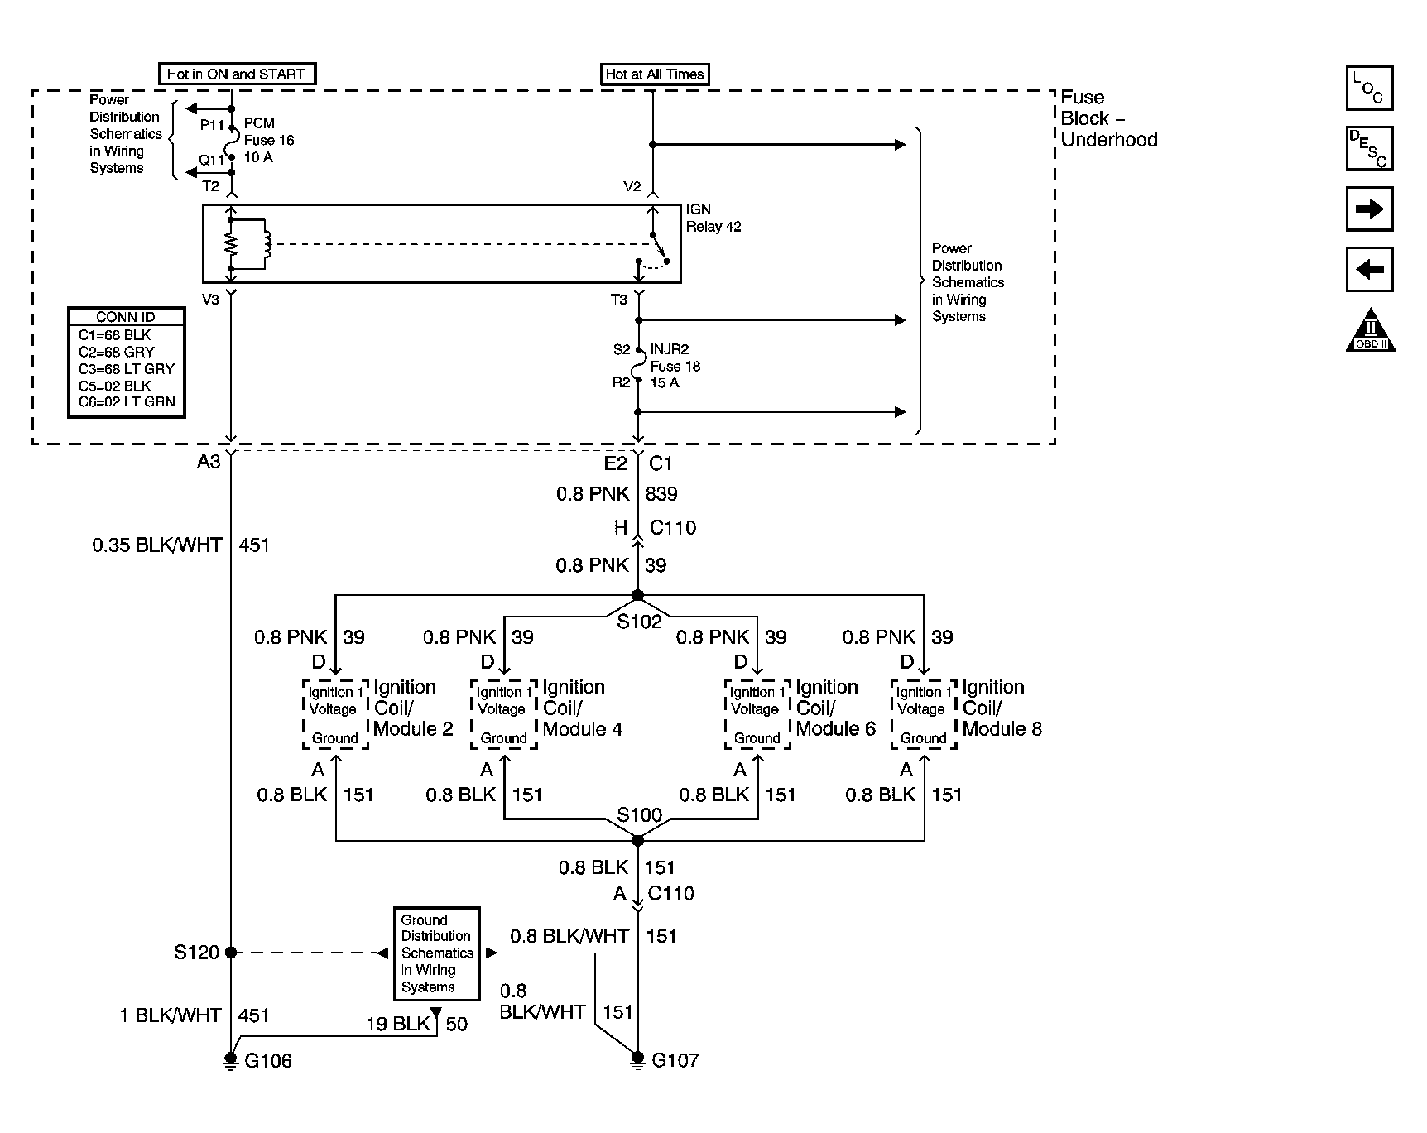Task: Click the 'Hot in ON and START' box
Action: tap(237, 74)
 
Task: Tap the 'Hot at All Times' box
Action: tap(655, 74)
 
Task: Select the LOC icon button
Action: tap(1370, 88)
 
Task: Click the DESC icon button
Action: tap(1370, 148)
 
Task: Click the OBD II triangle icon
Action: tap(1371, 331)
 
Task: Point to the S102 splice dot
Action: tap(637, 595)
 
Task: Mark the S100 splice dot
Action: tap(637, 841)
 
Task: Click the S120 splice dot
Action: tap(231, 953)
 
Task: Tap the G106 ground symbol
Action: tap(231, 1060)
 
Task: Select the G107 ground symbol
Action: tap(637, 1059)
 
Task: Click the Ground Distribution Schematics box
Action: tap(436, 953)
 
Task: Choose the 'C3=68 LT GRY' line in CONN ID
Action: tap(127, 369)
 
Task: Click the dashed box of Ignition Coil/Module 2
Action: tap(334, 715)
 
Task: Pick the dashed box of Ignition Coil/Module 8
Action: tap(923, 715)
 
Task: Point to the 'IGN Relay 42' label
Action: tap(713, 218)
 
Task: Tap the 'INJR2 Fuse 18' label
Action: tap(675, 358)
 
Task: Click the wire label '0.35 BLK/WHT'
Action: tap(157, 545)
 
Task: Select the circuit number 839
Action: tap(661, 494)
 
